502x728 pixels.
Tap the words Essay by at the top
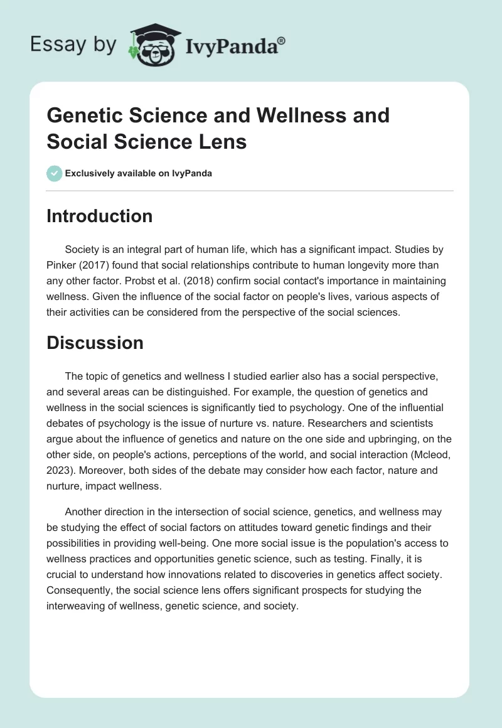point(73,44)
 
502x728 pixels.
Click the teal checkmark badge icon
point(54,173)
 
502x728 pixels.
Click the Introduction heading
point(99,216)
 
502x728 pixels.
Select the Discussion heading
point(95,343)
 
